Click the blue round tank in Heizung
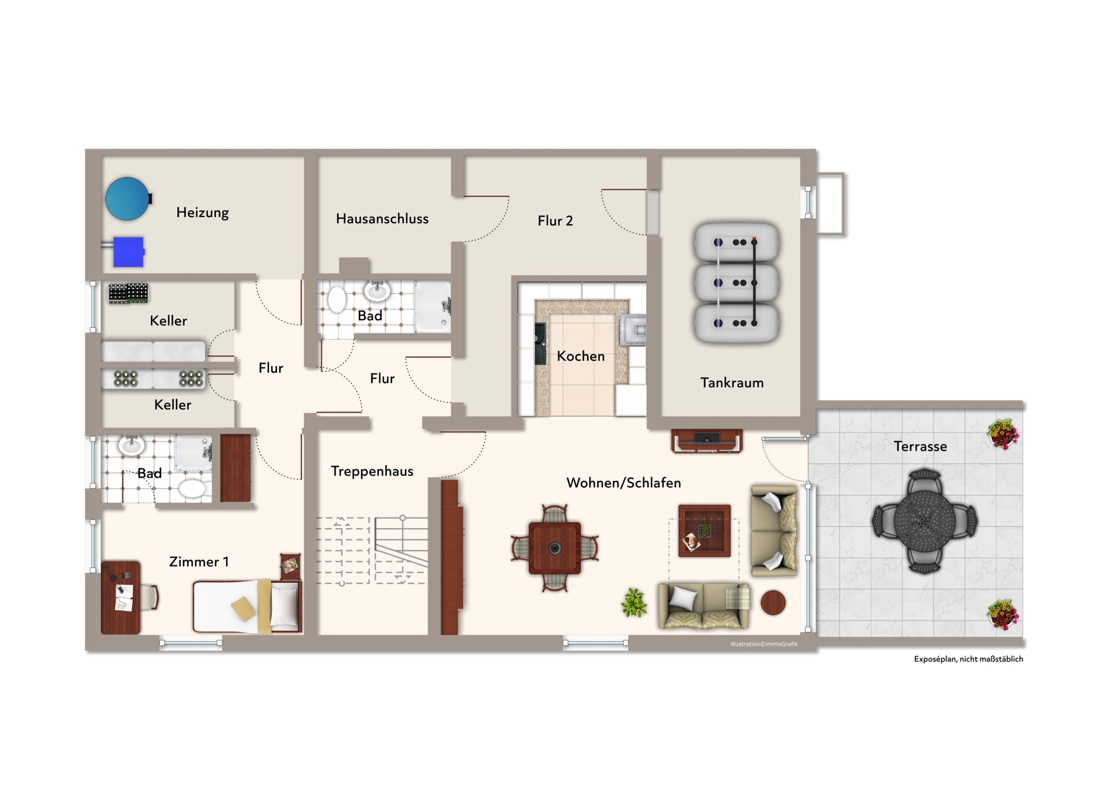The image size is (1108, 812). click(128, 199)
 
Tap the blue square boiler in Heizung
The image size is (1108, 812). click(128, 252)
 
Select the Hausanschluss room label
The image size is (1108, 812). click(382, 219)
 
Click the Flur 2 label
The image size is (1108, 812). click(555, 220)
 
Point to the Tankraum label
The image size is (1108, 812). click(732, 383)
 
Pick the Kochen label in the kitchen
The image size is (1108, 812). click(581, 356)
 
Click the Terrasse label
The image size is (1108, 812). click(920, 446)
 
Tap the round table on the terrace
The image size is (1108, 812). click(924, 521)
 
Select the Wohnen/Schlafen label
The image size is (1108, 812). click(623, 482)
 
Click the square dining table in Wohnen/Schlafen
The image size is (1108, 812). click(555, 548)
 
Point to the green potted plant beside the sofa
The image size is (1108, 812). click(634, 603)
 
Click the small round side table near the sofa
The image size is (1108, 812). click(773, 603)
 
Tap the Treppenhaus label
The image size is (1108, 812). click(372, 472)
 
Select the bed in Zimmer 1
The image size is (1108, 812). click(247, 607)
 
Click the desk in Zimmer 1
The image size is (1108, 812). click(121, 597)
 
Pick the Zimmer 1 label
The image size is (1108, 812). click(199, 562)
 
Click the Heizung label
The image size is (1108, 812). click(203, 213)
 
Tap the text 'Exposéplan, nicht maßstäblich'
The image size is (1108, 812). click(968, 659)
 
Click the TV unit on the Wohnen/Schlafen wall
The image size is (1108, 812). click(707, 441)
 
